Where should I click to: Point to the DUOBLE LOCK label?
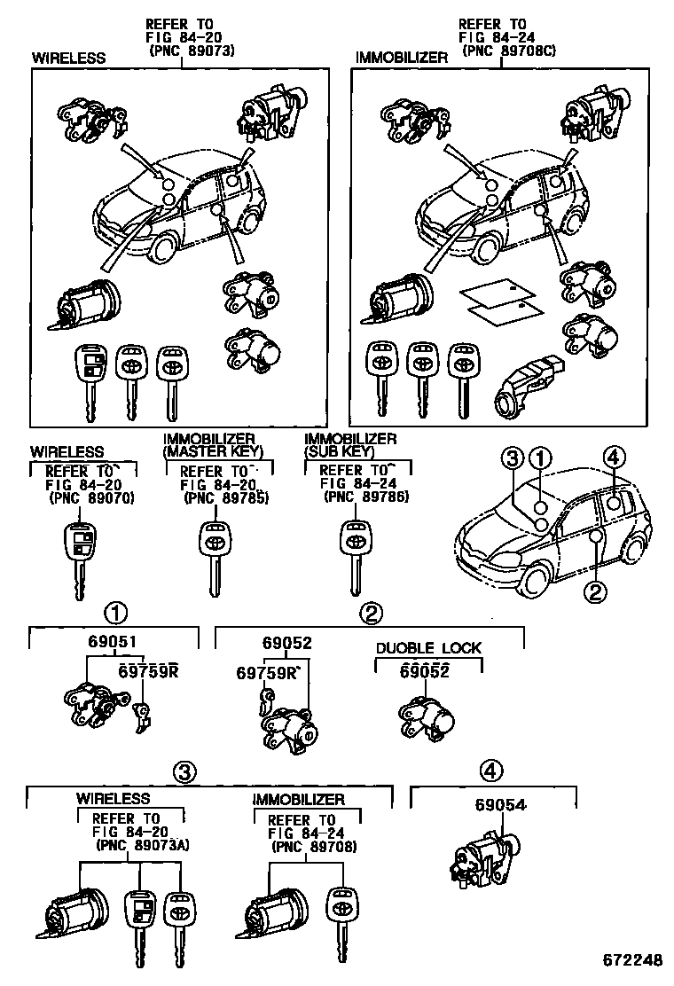[x=428, y=648]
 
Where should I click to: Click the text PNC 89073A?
[x=142, y=846]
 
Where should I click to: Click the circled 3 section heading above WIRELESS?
[x=184, y=772]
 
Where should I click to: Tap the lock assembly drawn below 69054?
[x=483, y=858]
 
